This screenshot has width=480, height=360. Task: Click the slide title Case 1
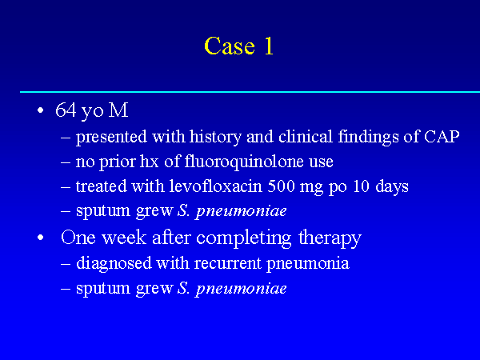tap(238, 46)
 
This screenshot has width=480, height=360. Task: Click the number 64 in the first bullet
tap(66, 110)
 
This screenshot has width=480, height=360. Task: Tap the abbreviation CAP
tap(442, 137)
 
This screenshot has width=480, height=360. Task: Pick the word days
tap(392, 186)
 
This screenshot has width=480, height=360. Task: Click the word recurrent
tap(228, 263)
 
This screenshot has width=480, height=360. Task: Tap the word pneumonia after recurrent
tap(308, 264)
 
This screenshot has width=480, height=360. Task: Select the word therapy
tap(330, 238)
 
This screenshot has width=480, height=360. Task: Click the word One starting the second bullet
tap(78, 238)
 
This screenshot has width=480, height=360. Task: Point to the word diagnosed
tap(114, 263)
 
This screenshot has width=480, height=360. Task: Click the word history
tap(215, 137)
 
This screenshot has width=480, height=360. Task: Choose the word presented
tap(111, 137)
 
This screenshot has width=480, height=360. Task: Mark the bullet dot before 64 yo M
tap(41, 110)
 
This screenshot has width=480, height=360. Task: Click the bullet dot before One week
tap(41, 238)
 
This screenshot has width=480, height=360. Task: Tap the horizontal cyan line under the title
tap(250, 91)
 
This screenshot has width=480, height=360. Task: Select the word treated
tap(102, 186)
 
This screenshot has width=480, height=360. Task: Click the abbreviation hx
tap(150, 162)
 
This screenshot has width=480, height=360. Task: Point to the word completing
tap(244, 238)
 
